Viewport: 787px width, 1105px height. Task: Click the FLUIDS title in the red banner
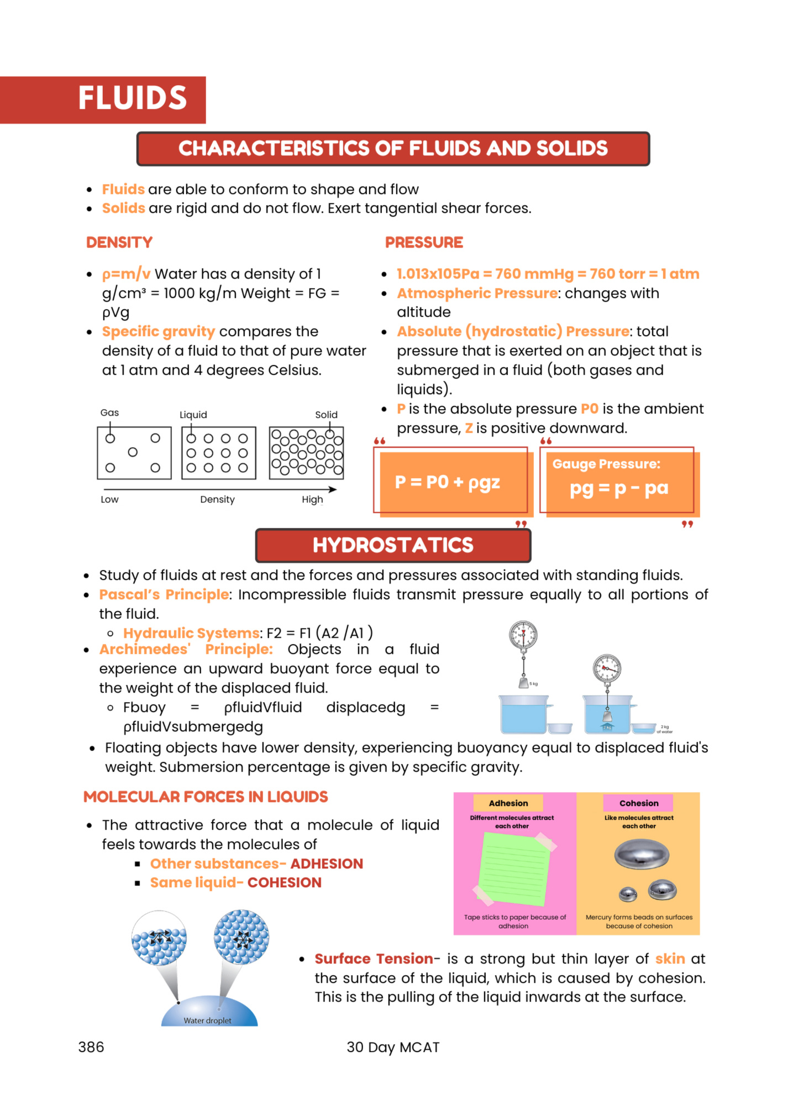(x=133, y=98)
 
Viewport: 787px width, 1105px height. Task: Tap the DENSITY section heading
(x=119, y=242)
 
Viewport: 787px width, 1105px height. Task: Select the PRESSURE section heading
(x=424, y=242)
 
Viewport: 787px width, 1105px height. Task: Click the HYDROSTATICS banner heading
(x=393, y=545)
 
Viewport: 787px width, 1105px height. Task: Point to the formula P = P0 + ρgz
(x=447, y=482)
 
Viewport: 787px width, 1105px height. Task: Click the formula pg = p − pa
(x=619, y=489)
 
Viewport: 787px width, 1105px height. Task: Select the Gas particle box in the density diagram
(x=134, y=453)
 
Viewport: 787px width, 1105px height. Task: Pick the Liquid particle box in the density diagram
(x=218, y=453)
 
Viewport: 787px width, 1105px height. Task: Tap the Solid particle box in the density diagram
(x=306, y=453)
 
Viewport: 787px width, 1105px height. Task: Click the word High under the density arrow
(x=312, y=499)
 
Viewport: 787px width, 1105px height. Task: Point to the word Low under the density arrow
(x=109, y=499)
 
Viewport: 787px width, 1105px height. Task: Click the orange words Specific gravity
(x=158, y=332)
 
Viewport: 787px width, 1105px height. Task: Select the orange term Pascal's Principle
(x=164, y=594)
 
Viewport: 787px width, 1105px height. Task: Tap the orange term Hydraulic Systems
(x=191, y=633)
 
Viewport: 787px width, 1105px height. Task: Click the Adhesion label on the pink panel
(x=508, y=803)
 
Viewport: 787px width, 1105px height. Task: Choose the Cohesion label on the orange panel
(x=638, y=803)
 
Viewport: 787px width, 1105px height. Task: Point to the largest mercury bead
(x=642, y=854)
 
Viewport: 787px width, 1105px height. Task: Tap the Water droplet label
(x=207, y=1020)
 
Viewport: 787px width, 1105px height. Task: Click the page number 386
(x=91, y=1047)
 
